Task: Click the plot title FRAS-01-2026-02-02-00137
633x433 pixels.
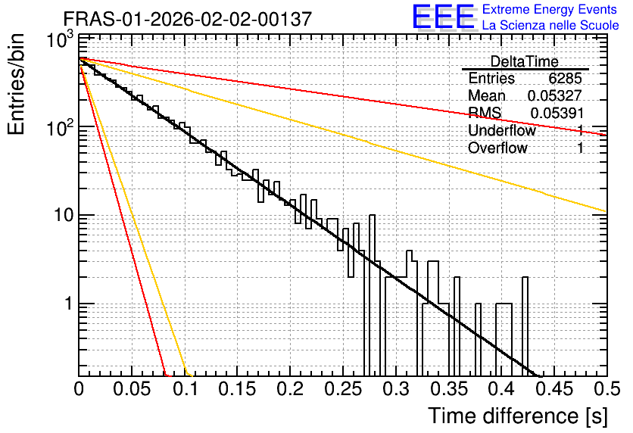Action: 188,19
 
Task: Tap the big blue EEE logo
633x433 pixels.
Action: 444,17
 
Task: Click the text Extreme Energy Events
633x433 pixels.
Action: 550,9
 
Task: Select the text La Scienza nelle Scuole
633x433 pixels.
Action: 550,25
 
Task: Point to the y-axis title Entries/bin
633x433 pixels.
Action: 16,84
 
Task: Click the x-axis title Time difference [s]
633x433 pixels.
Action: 518,416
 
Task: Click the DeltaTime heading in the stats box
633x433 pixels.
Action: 525,61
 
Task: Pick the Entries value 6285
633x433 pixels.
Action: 565,78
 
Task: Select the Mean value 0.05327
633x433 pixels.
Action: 555,95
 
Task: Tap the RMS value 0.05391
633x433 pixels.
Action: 557,114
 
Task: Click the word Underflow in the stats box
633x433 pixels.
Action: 502,130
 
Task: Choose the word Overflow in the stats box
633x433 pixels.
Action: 497,148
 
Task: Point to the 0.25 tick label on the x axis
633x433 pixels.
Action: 343,389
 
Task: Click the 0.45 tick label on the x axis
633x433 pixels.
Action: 554,389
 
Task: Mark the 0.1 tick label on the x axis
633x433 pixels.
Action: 186,389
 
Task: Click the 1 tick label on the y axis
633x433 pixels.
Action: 69,304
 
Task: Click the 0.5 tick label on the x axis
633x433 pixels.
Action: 607,389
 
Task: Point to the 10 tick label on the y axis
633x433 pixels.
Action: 64,216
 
